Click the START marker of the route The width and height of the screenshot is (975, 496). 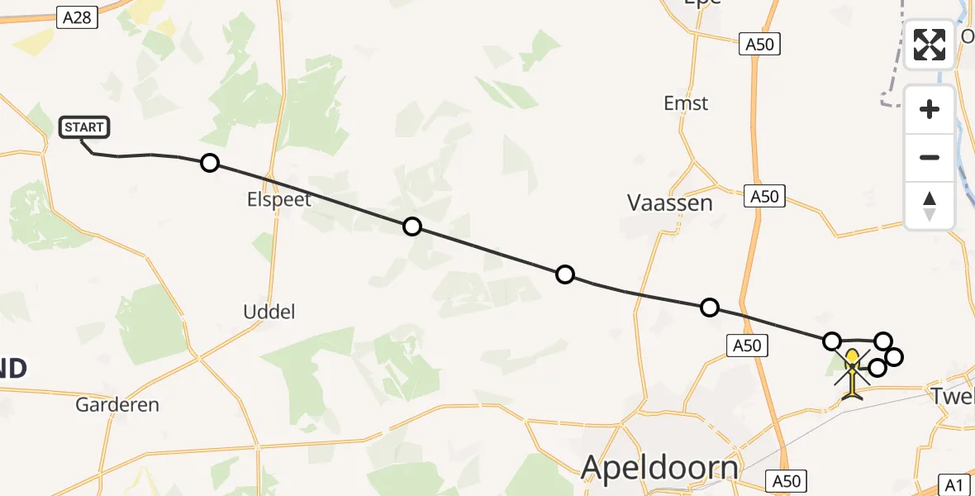[x=83, y=127]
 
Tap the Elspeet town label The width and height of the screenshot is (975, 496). [x=278, y=199]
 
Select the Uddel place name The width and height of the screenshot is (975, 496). [x=269, y=312]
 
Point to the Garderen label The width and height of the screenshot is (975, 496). [x=117, y=405]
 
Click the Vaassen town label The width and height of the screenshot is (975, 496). [x=670, y=203]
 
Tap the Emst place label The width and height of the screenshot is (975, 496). [x=686, y=103]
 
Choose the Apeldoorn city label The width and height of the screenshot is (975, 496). [x=659, y=468]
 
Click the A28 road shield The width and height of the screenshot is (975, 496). [x=74, y=16]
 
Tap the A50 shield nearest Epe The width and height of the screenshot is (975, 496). [x=759, y=45]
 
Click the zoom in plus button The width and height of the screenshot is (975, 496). [x=930, y=109]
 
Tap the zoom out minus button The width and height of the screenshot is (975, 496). [x=930, y=157]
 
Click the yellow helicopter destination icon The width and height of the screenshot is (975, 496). [x=853, y=374]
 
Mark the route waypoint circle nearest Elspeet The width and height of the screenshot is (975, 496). [x=210, y=163]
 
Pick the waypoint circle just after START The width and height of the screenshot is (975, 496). [x=210, y=163]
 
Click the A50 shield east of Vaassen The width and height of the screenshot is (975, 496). [x=763, y=197]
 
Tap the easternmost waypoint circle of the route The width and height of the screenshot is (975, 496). [x=893, y=357]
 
